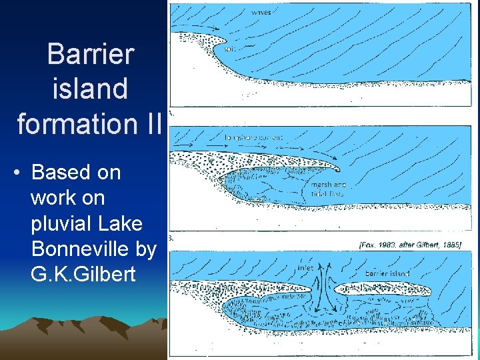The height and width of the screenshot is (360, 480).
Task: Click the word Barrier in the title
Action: (90, 54)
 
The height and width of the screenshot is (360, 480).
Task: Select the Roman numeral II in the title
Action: (153, 123)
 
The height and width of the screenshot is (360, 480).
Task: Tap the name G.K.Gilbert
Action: (83, 274)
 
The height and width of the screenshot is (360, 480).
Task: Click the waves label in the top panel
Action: (262, 12)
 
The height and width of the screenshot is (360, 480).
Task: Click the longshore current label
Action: (255, 137)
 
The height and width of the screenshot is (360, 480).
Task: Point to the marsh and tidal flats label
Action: (329, 189)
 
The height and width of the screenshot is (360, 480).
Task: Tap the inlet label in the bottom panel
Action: (307, 269)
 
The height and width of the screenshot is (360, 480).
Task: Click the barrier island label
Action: (387, 273)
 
